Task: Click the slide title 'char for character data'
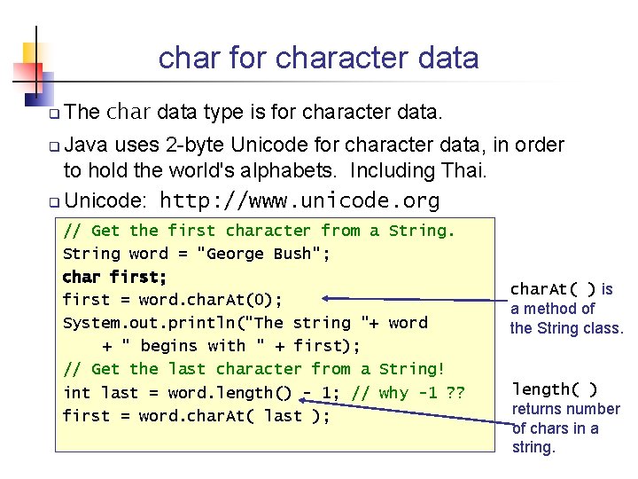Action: [x=318, y=58]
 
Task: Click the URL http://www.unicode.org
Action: [x=300, y=200]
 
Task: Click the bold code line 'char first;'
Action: [x=114, y=277]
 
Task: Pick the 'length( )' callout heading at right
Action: [x=555, y=389]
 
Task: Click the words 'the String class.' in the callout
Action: [x=567, y=328]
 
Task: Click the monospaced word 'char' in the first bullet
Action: [x=129, y=112]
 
